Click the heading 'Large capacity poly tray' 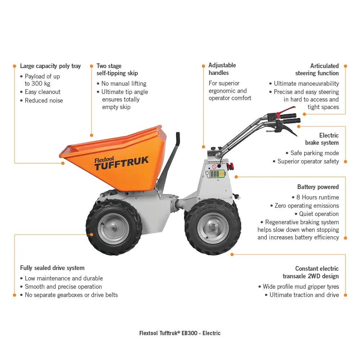click(50, 66)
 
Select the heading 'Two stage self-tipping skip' click(117, 69)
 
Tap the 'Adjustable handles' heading click(222, 69)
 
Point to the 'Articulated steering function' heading click(317, 69)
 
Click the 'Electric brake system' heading click(322, 139)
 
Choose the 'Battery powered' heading click(318, 187)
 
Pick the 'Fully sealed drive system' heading click(52, 268)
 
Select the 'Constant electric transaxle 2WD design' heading click(311, 272)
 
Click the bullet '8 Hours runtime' click(317, 197)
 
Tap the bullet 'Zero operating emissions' click(306, 206)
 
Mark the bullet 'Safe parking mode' click(314, 153)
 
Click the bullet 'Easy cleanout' click(42, 92)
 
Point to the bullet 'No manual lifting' click(123, 84)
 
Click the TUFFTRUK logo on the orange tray click(121, 162)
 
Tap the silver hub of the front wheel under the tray click(113, 228)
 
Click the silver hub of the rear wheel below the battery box click(213, 228)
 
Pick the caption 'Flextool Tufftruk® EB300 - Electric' click(180, 333)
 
